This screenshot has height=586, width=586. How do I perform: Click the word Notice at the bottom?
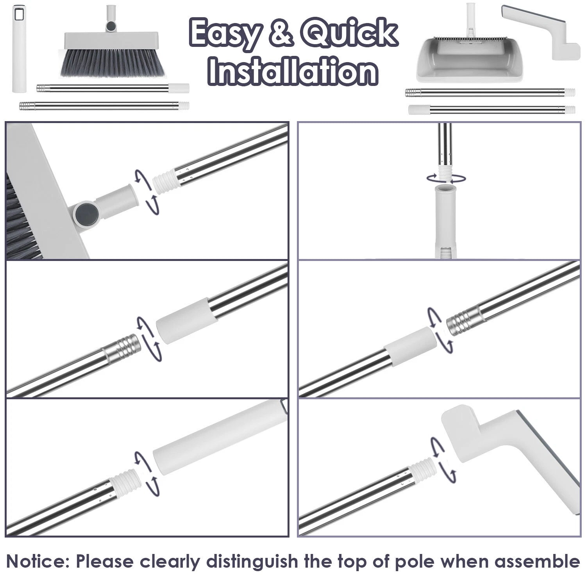pos(38,561)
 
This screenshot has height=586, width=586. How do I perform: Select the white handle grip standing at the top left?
pos(18,49)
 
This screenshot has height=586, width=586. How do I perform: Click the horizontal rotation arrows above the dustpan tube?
pos(446,179)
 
